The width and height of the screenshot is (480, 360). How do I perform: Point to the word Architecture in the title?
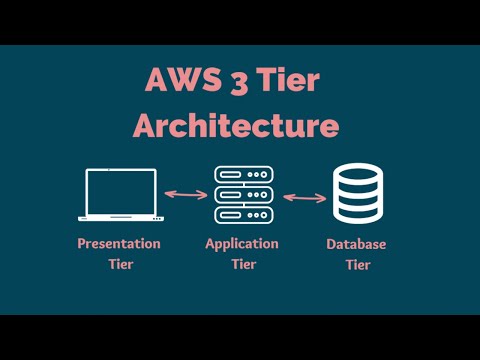click(x=237, y=126)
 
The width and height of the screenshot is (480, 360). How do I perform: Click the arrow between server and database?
click(x=305, y=197)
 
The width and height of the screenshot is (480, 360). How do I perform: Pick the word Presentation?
click(x=119, y=244)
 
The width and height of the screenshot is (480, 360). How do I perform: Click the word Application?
click(x=242, y=244)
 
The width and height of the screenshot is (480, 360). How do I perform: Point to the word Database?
click(x=357, y=245)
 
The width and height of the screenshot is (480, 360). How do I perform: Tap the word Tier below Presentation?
click(x=119, y=265)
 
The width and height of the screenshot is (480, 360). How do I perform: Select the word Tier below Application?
click(x=242, y=265)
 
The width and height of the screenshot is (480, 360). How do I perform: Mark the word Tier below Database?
click(x=357, y=265)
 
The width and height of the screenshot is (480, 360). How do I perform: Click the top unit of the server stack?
click(x=242, y=175)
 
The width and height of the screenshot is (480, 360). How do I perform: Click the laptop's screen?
click(x=121, y=191)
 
